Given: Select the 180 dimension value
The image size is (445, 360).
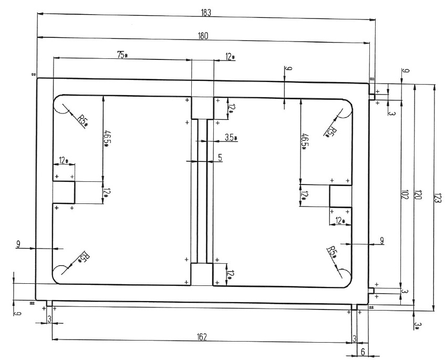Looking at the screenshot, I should (203, 36).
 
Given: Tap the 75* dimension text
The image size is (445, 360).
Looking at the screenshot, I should (122, 55).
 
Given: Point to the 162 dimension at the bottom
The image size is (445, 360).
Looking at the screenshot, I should (202, 336).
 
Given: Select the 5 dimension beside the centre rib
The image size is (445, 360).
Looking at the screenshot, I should (220, 157).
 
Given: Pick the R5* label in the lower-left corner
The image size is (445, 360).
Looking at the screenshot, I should (82, 256).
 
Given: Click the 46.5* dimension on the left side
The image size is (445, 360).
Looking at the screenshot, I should (107, 138).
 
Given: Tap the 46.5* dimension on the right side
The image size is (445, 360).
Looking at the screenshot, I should (303, 141).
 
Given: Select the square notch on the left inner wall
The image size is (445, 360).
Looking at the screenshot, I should (64, 192).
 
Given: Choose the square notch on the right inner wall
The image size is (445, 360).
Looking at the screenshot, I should (340, 196).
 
